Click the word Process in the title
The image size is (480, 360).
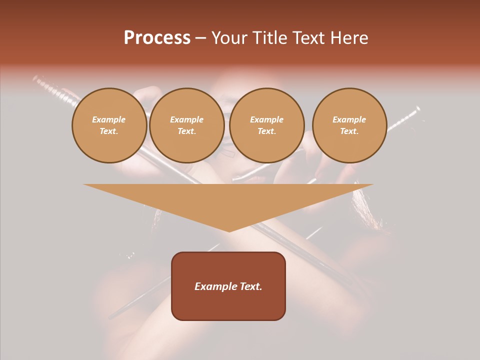click(x=157, y=38)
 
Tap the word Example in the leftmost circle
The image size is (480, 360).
click(x=109, y=119)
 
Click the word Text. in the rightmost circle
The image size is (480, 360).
click(x=349, y=131)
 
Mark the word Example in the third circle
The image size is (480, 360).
click(x=266, y=119)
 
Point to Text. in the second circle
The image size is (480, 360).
click(x=186, y=131)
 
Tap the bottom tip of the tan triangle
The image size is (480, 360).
click(x=229, y=230)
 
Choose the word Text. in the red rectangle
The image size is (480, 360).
click(x=251, y=286)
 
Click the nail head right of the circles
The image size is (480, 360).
click(x=416, y=109)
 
